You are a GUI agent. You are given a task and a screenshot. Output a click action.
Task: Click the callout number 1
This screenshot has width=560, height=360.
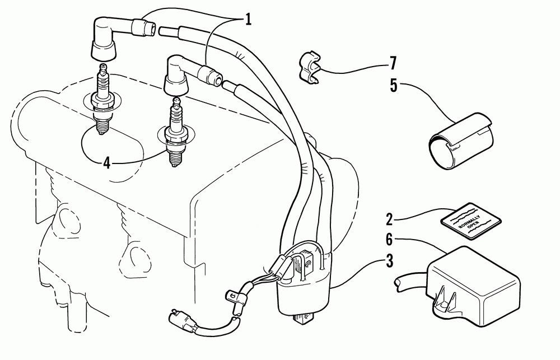click(x=246, y=20)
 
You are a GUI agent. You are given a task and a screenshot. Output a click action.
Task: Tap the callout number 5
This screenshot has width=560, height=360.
click(x=394, y=85)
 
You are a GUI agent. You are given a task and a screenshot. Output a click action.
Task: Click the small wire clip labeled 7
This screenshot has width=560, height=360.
click(x=309, y=67)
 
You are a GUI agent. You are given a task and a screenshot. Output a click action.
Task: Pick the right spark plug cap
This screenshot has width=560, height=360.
click(x=175, y=76)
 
